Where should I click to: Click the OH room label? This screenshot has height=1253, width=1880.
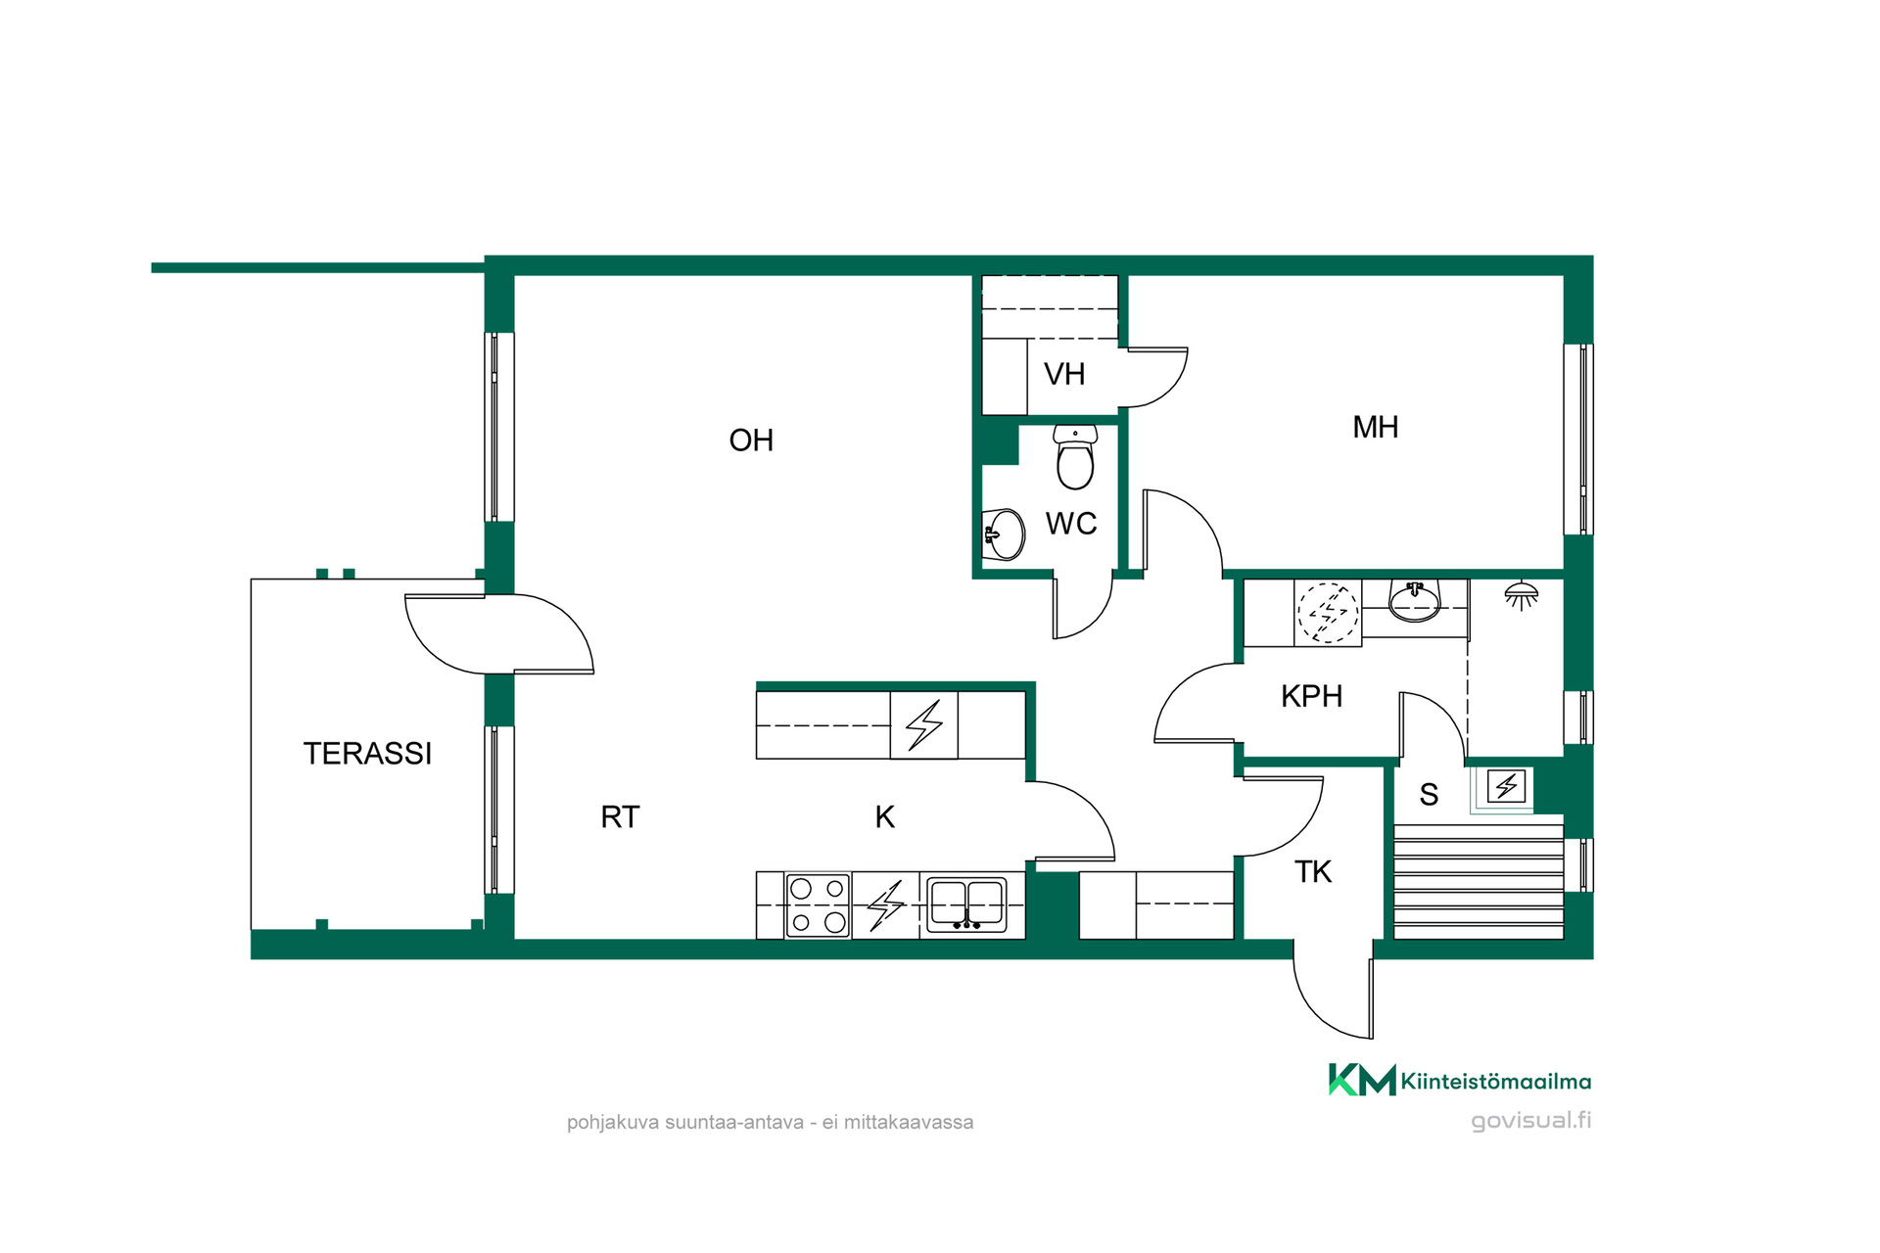click(x=751, y=441)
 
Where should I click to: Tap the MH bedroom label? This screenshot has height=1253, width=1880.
click(x=1375, y=427)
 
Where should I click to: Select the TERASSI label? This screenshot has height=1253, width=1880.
click(x=367, y=753)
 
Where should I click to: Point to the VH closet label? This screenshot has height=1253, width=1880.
click(x=1064, y=374)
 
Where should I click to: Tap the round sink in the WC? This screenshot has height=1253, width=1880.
click(x=1004, y=534)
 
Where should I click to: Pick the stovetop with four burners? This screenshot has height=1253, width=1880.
click(x=818, y=905)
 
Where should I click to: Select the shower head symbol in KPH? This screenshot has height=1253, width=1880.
click(x=1521, y=594)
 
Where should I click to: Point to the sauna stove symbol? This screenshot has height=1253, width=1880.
click(x=1506, y=786)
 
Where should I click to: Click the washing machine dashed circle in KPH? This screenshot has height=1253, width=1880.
click(x=1328, y=613)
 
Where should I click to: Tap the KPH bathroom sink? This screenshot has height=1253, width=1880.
click(x=1415, y=601)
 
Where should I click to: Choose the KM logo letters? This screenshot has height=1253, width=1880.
click(x=1362, y=1080)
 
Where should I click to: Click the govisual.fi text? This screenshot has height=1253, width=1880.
click(x=1530, y=1120)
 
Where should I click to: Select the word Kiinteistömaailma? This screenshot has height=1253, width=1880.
click(x=1496, y=1082)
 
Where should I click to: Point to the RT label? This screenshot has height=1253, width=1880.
click(x=620, y=816)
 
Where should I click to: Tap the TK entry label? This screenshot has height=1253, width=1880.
click(x=1313, y=871)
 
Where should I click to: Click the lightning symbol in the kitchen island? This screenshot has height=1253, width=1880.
click(x=923, y=725)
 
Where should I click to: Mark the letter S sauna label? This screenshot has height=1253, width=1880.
click(x=1429, y=794)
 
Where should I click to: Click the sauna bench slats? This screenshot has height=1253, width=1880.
click(x=1479, y=881)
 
